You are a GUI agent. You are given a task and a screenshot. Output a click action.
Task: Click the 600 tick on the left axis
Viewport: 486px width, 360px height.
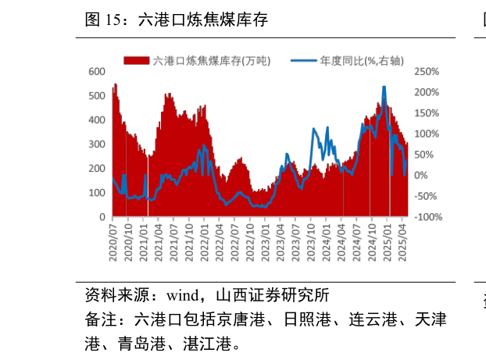point(96,72)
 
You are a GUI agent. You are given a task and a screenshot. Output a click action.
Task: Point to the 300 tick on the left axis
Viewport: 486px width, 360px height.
point(96,144)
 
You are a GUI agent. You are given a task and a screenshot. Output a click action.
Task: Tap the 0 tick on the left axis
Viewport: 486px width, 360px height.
point(102,216)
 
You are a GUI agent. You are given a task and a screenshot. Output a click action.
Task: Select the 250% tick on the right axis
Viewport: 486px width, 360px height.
point(427,72)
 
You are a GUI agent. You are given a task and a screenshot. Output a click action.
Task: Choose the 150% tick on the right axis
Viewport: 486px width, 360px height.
point(427,113)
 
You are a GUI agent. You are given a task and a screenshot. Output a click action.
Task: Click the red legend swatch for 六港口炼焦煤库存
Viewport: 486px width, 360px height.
point(136,60)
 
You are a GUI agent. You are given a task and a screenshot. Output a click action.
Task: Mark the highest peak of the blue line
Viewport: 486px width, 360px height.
point(384,87)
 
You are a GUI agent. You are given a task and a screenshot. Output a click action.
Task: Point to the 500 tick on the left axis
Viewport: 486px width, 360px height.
point(96,96)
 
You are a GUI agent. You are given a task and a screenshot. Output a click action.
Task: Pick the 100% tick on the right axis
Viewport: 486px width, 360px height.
point(427,134)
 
